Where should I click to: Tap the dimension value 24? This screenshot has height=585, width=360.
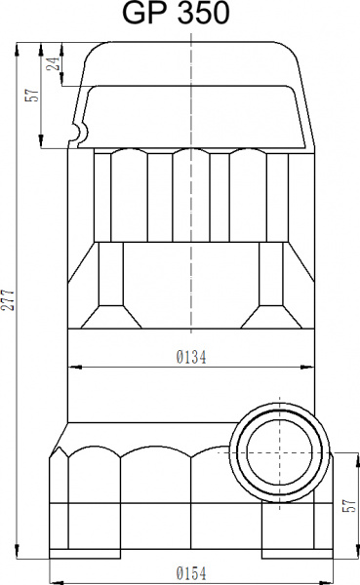(55, 64)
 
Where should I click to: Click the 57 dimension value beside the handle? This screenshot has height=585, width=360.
(32, 96)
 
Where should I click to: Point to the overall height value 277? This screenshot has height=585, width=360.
(10, 300)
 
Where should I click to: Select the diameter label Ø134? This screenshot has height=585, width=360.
(191, 358)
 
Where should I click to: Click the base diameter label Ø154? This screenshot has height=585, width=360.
(191, 572)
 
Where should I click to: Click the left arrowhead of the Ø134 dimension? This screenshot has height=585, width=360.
(73, 368)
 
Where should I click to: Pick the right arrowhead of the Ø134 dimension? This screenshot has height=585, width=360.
(312, 368)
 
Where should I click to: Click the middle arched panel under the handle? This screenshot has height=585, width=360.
(191, 195)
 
